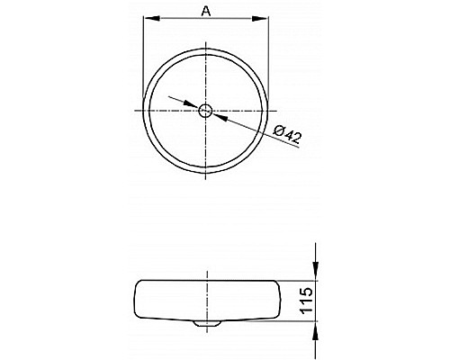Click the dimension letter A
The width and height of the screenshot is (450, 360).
pyautogui.click(x=206, y=11)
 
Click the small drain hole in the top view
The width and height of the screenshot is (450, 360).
pyautogui.click(x=206, y=111)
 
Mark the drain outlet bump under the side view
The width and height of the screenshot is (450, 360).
pyautogui.click(x=206, y=321)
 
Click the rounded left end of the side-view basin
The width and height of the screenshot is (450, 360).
pyautogui.click(x=135, y=299)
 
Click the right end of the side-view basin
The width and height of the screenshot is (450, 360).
pyautogui.click(x=278, y=299)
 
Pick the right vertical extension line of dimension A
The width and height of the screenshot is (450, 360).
pyautogui.click(x=269, y=54)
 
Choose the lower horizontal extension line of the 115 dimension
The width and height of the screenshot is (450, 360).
pyautogui.click(x=297, y=320)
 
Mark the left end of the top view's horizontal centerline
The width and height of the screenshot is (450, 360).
pyautogui.click(x=137, y=111)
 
